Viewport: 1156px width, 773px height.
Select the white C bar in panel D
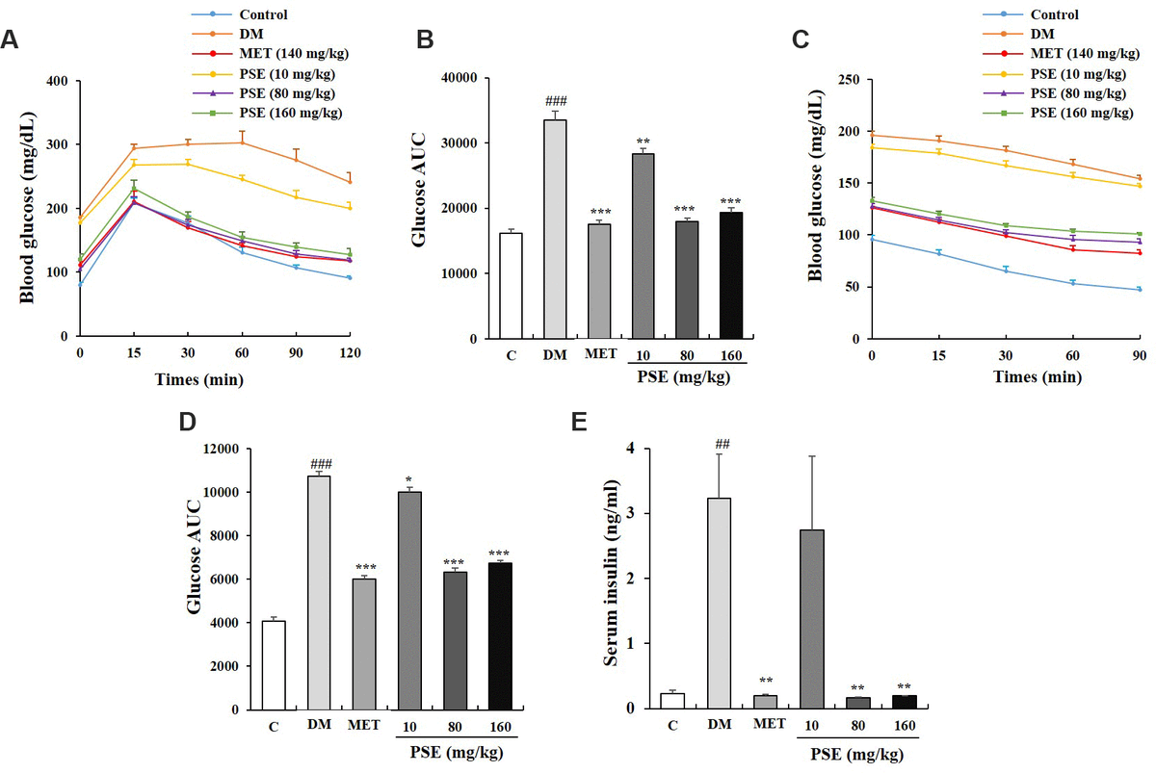275,665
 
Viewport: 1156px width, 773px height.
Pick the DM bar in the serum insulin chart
721,603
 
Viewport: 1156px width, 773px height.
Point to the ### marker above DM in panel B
555,101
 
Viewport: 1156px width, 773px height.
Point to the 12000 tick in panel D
225,449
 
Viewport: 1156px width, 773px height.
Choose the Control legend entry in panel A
263,14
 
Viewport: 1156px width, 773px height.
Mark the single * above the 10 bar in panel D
409,478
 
